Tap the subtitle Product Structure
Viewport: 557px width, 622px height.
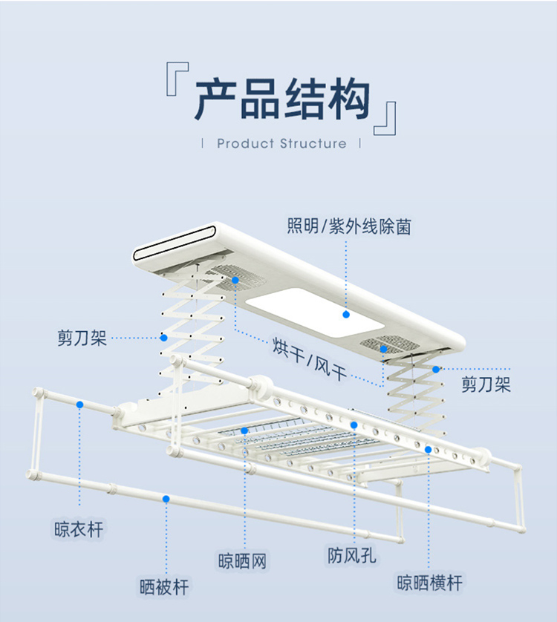[x=281, y=143]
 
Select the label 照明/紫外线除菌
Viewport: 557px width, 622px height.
[x=349, y=226]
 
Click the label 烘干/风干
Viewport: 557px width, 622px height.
[x=310, y=357]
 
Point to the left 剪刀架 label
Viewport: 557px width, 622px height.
[x=82, y=338]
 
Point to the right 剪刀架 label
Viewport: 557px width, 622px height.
[x=486, y=384]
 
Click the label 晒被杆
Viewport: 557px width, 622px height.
[x=164, y=587]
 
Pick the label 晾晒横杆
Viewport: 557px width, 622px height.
[x=429, y=583]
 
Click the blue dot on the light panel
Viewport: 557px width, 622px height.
[x=346, y=314]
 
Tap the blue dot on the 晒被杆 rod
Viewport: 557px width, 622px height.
[x=166, y=499]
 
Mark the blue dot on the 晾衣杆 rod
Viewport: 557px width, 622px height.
[x=79, y=405]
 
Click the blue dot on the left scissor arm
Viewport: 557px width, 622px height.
[x=163, y=338]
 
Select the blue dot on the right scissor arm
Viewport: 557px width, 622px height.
[x=436, y=369]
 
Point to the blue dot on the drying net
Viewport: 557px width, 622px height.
[x=244, y=431]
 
